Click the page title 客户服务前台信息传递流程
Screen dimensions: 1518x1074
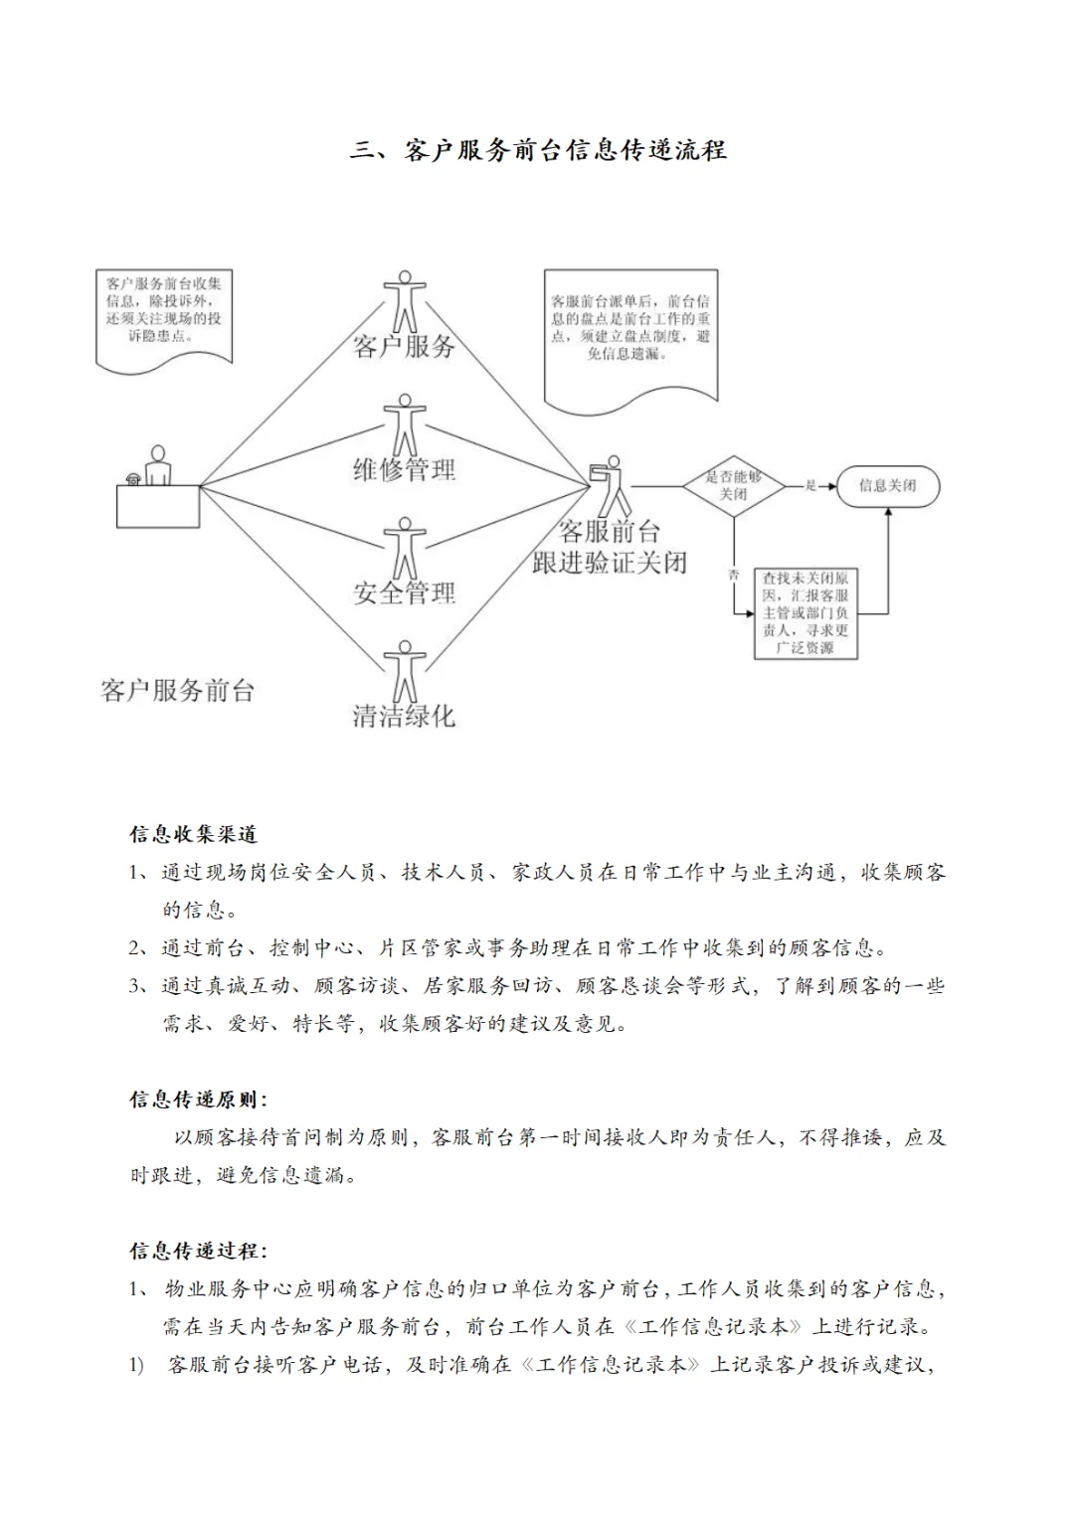click(x=538, y=150)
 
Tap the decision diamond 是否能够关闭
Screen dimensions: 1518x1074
click(x=734, y=485)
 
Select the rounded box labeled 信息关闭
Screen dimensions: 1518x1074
click(x=887, y=485)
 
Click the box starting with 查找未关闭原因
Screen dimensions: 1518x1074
click(x=805, y=612)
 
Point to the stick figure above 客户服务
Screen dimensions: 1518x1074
click(x=404, y=301)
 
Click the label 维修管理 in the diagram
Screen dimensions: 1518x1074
click(x=404, y=469)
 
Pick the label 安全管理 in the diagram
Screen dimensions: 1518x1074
click(x=404, y=593)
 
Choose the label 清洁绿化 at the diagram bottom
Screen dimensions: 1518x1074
click(x=404, y=716)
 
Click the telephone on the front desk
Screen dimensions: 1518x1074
click(x=133, y=478)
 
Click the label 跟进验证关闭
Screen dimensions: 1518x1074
click(x=609, y=563)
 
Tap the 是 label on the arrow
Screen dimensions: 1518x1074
click(x=810, y=485)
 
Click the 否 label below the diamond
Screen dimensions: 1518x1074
click(x=734, y=575)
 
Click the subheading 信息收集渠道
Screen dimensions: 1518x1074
click(x=193, y=834)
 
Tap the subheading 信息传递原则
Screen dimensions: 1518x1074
click(x=197, y=1099)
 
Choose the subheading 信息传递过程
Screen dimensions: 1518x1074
click(x=197, y=1251)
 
